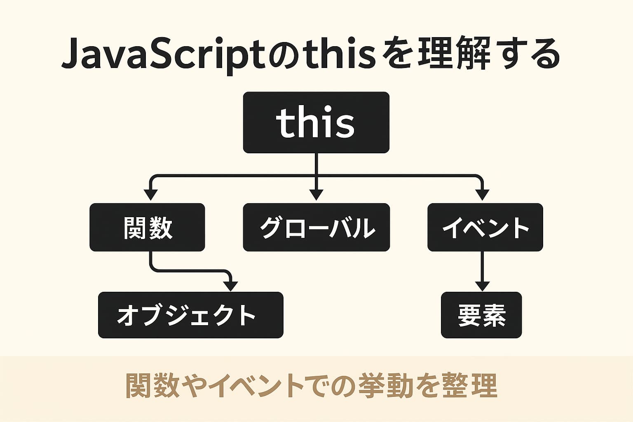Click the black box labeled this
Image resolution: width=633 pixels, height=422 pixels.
click(x=316, y=122)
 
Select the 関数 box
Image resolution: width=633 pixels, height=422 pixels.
click(x=147, y=227)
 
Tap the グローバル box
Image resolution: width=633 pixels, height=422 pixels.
click(x=316, y=227)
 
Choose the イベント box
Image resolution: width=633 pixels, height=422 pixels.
click(x=485, y=227)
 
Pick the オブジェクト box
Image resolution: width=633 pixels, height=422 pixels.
click(x=190, y=315)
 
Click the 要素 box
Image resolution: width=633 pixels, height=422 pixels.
click(x=481, y=315)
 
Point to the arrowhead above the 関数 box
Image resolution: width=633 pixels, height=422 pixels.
click(x=151, y=195)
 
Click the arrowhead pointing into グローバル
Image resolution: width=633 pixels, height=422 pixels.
click(x=316, y=195)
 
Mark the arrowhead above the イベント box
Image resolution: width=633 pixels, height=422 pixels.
click(x=482, y=195)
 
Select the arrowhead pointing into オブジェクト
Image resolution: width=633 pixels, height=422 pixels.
click(x=230, y=286)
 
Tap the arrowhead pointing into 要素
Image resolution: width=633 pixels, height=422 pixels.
click(x=482, y=286)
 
